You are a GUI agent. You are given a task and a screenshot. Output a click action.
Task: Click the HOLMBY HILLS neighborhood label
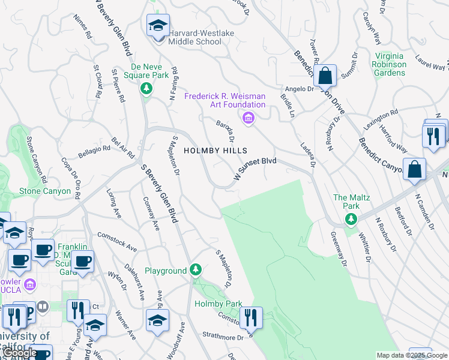click(x=215, y=151)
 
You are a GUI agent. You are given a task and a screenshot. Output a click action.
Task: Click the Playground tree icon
click(x=195, y=271)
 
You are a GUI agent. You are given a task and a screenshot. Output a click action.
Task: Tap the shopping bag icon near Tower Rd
click(x=325, y=76)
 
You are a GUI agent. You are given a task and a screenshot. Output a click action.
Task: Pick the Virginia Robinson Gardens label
click(x=388, y=64)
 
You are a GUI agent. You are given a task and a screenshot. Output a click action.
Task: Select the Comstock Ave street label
click(x=117, y=242)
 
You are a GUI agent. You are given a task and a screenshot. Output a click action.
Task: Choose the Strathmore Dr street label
click(x=221, y=336)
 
